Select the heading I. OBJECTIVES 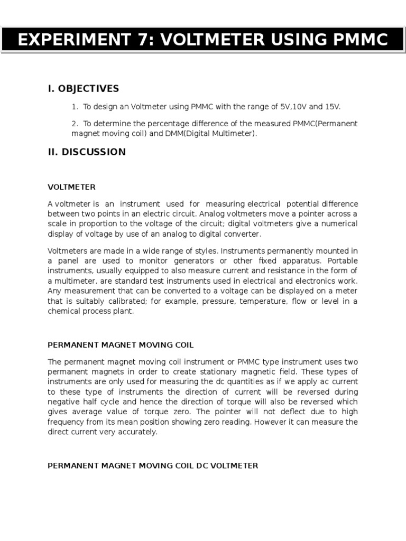[84, 88]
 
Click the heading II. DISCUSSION [87, 152]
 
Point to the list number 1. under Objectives [75, 107]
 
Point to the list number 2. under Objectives [75, 124]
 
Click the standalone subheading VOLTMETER [71, 186]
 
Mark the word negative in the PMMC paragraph [64, 402]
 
